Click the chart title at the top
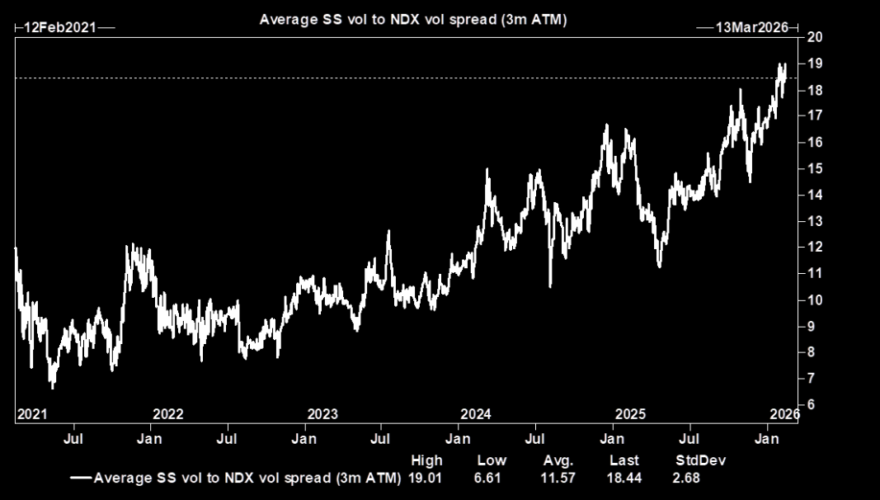pyautogui.click(x=413, y=18)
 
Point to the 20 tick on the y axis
pyautogui.click(x=815, y=37)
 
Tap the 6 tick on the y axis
pyautogui.click(x=812, y=404)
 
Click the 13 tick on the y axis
pyautogui.click(x=815, y=221)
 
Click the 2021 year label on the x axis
pyautogui.click(x=31, y=413)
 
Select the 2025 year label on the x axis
pyautogui.click(x=631, y=413)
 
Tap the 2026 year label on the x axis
pyautogui.click(x=784, y=413)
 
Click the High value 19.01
pyautogui.click(x=426, y=478)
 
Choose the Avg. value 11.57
pyautogui.click(x=558, y=478)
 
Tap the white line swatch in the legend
pyautogui.click(x=81, y=478)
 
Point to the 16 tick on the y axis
pyautogui.click(x=815, y=142)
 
